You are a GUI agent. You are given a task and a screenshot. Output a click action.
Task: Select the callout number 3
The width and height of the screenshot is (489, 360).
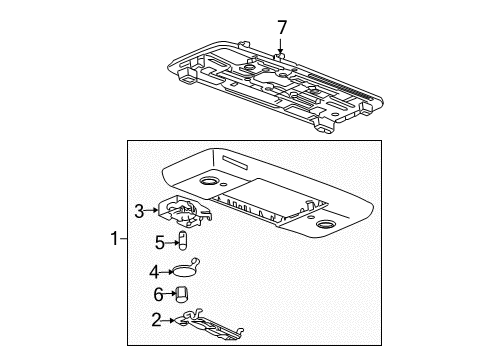pos(141,209)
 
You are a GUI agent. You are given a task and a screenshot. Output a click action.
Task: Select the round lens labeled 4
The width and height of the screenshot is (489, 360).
pos(184,268)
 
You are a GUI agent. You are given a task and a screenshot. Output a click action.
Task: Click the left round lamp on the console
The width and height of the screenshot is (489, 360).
pos(211,182)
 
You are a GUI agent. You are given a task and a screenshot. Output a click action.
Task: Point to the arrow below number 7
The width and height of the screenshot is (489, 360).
pos(282,46)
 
